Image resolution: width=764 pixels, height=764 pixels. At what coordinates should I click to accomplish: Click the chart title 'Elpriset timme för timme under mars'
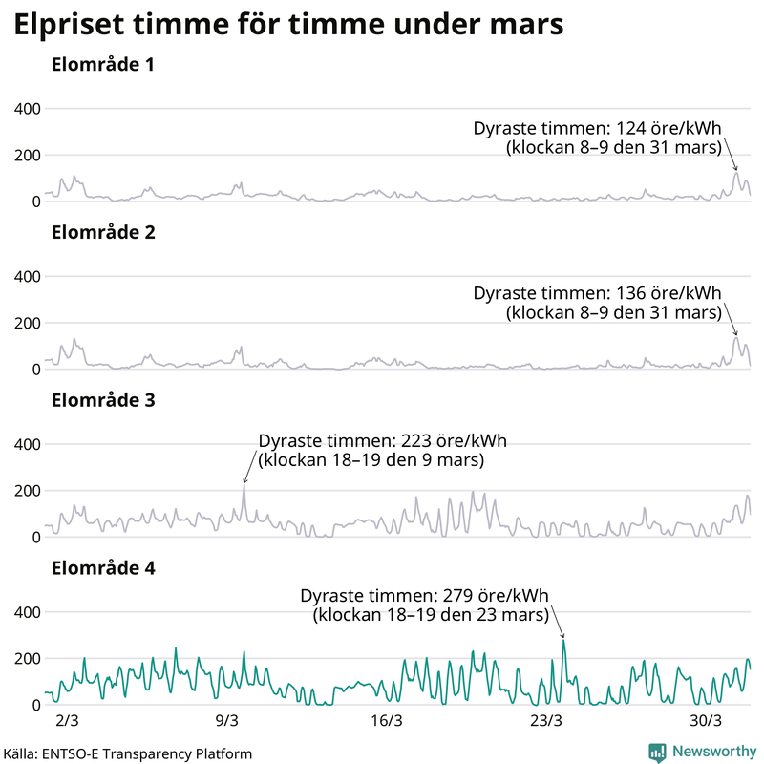(x=287, y=26)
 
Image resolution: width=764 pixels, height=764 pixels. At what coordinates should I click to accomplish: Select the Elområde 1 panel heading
(x=103, y=66)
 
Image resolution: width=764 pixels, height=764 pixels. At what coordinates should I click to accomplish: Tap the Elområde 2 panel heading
(x=103, y=233)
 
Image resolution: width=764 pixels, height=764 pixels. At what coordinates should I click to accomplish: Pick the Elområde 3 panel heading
(x=103, y=400)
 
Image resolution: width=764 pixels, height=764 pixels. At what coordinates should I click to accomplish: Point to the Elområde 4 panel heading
(x=103, y=568)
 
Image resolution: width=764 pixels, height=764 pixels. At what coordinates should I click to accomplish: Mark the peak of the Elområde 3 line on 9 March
(x=244, y=485)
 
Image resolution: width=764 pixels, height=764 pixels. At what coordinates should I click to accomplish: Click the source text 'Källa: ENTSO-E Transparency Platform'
(x=127, y=753)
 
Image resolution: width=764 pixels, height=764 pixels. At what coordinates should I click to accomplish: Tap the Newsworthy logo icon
(x=657, y=752)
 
